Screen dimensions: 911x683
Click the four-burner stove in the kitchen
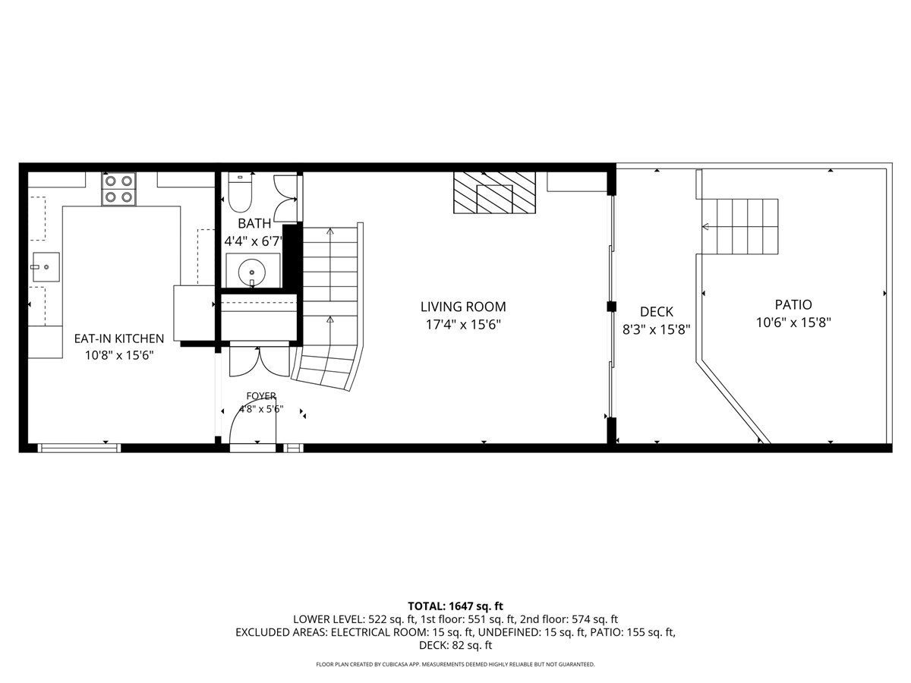point(118,189)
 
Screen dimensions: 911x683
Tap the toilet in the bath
point(241,193)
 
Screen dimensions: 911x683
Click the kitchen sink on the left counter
point(46,266)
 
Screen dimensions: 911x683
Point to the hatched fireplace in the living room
point(494,193)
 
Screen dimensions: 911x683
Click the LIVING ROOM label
point(463,307)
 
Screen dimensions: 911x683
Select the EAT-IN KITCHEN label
point(119,338)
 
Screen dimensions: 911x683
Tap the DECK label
point(656,311)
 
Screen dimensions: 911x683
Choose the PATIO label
point(793,305)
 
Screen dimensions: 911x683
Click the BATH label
point(254,224)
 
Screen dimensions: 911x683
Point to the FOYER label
point(261,396)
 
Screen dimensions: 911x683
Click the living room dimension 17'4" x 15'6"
point(463,324)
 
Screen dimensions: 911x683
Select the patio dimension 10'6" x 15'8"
point(793,323)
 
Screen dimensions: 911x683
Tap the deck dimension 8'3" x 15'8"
point(656,329)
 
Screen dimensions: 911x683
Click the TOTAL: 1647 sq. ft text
point(455,606)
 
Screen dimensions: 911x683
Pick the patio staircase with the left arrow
point(739,226)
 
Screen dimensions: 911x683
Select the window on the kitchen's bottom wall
point(79,448)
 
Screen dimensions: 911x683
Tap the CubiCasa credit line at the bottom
point(455,664)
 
